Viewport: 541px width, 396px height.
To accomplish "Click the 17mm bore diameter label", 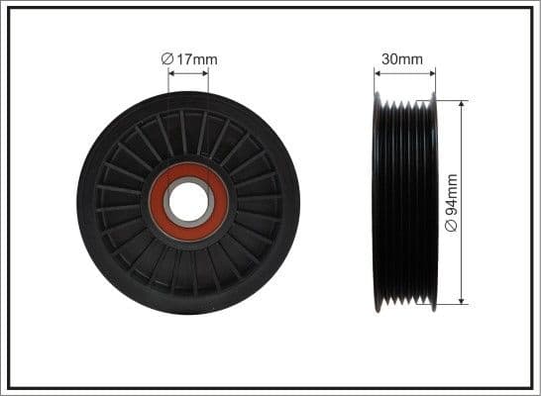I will (x=194, y=59).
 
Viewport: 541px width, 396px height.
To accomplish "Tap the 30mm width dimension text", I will (x=404, y=59).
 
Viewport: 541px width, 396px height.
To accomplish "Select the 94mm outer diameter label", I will (x=452, y=203).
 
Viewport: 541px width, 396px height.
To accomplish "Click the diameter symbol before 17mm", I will (x=167, y=59).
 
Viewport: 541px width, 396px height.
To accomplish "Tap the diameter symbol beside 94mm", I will (x=452, y=227).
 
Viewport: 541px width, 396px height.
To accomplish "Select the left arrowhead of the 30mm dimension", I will (x=379, y=72).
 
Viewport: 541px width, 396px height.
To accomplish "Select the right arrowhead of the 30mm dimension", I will (x=432, y=72).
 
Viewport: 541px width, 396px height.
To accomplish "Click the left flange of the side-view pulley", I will (x=378, y=203).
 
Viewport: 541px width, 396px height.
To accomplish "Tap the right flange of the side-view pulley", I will (x=433, y=203).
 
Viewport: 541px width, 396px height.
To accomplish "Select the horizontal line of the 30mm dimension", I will (x=405, y=72).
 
